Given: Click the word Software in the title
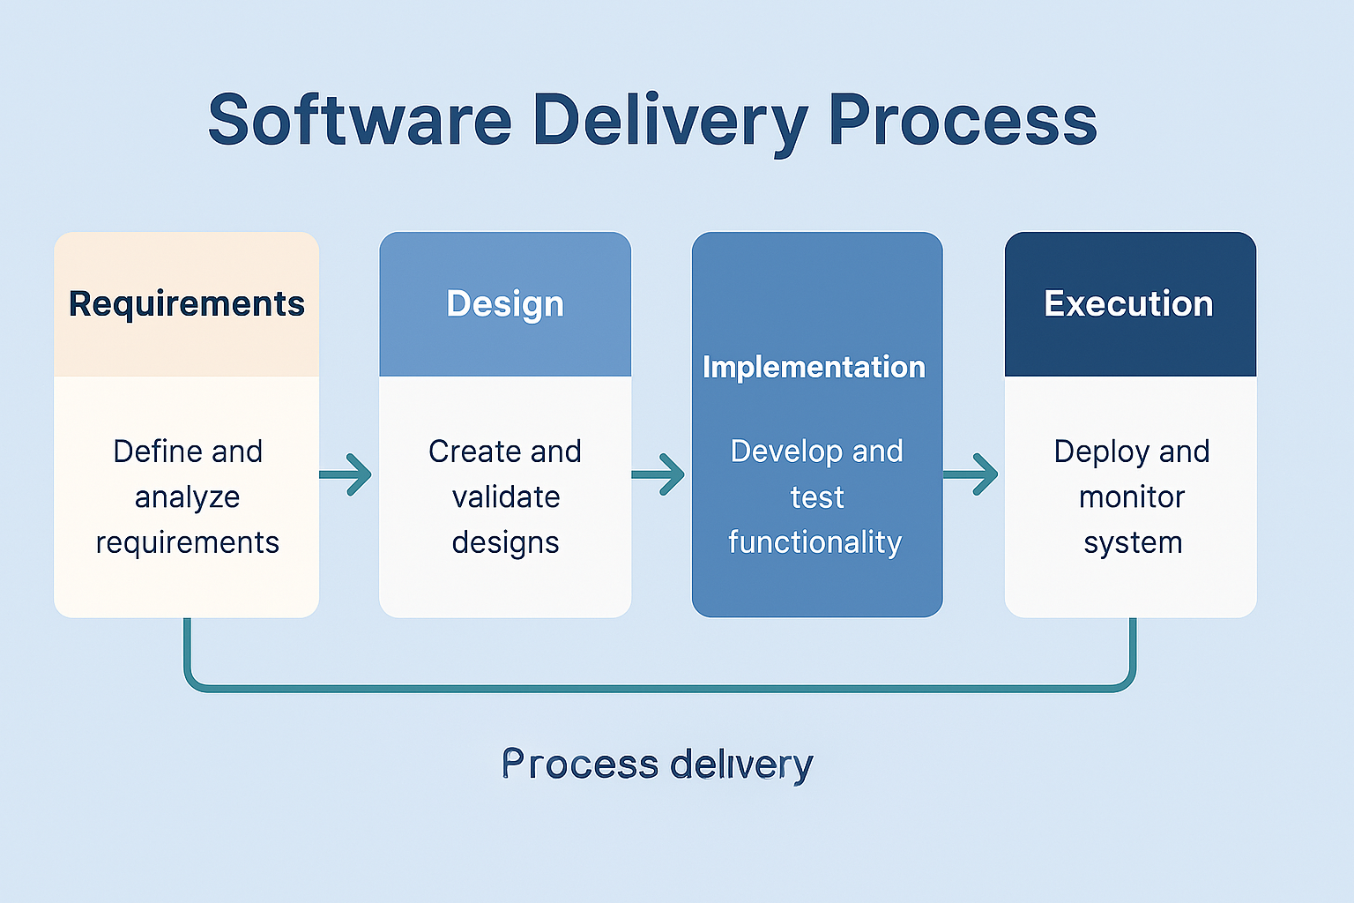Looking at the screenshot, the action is [x=360, y=119].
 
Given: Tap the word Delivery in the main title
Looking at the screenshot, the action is [x=670, y=124].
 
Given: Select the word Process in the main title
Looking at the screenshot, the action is [x=963, y=119].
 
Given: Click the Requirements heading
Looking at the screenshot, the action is [x=186, y=304].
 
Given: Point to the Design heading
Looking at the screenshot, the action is [x=505, y=304].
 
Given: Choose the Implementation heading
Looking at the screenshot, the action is [x=814, y=367].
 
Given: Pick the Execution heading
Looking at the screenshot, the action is [x=1128, y=303].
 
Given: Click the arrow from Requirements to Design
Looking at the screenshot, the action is [x=346, y=474].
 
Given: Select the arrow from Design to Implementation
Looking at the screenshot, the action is [x=658, y=474].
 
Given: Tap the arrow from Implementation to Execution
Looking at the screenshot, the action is [x=971, y=474].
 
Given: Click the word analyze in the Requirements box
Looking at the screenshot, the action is [x=188, y=498].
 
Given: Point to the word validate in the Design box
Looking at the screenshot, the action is [x=506, y=497].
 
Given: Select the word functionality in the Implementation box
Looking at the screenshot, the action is [x=815, y=542].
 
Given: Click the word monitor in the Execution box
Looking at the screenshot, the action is [x=1132, y=497].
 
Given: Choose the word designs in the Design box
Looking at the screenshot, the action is [x=505, y=543].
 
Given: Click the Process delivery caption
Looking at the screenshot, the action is [x=657, y=765].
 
